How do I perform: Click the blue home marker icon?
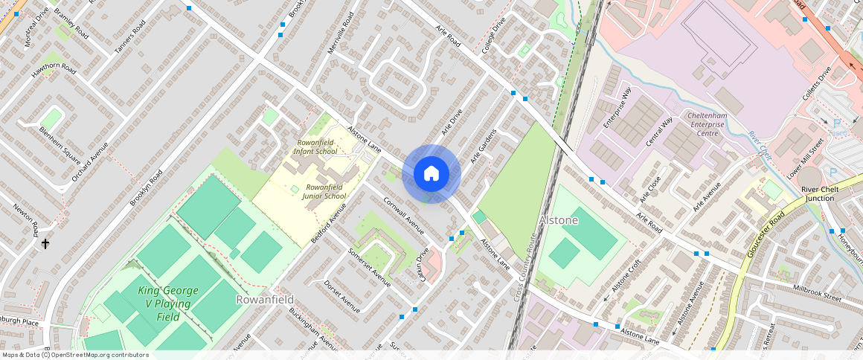click(x=431, y=174)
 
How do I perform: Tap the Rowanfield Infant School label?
click(x=316, y=147)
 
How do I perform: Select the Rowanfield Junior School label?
click(x=324, y=191)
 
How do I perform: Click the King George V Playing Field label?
click(x=164, y=303)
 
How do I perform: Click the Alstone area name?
click(x=558, y=221)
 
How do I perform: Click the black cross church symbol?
click(x=45, y=244)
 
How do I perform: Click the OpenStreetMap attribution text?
click(x=74, y=355)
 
